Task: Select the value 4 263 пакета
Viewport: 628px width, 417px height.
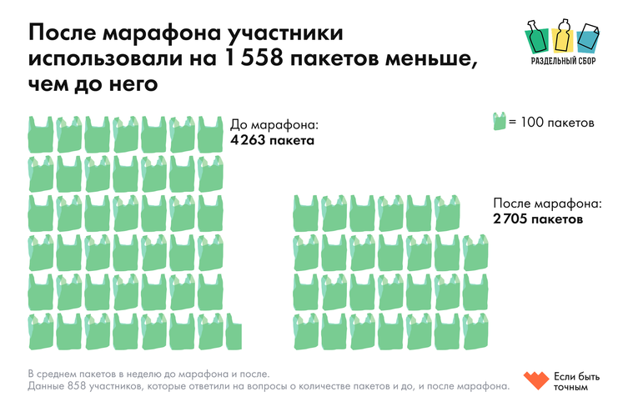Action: [x=272, y=141]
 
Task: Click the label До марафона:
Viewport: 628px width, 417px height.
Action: [x=274, y=125]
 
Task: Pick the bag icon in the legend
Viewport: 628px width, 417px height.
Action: [x=500, y=123]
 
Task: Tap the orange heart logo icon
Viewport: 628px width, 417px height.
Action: [x=535, y=380]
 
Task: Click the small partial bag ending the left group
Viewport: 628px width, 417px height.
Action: [x=234, y=334]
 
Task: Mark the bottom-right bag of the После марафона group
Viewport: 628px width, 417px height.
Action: [x=475, y=332]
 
